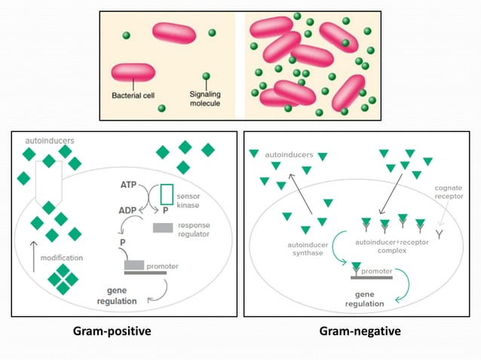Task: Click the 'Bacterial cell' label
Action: pos(133,96)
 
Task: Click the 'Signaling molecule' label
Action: pos(204,99)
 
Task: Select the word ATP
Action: pos(130,185)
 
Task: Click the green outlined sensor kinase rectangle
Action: pos(166,194)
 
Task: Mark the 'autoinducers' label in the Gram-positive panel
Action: pos(50,140)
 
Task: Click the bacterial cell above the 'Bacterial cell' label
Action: pos(133,72)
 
